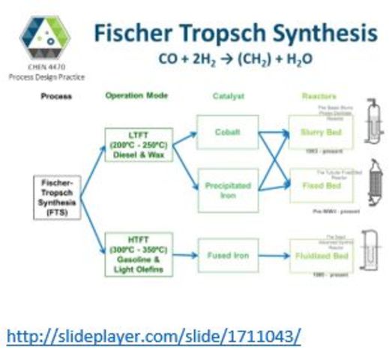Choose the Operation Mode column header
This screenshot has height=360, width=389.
point(137,96)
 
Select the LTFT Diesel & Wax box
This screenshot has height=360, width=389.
point(139,145)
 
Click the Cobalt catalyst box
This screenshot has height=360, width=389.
point(227,132)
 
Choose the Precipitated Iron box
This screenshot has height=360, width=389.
point(227,190)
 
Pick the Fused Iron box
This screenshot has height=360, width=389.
point(227,256)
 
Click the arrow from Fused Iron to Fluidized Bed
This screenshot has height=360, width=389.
point(274,256)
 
